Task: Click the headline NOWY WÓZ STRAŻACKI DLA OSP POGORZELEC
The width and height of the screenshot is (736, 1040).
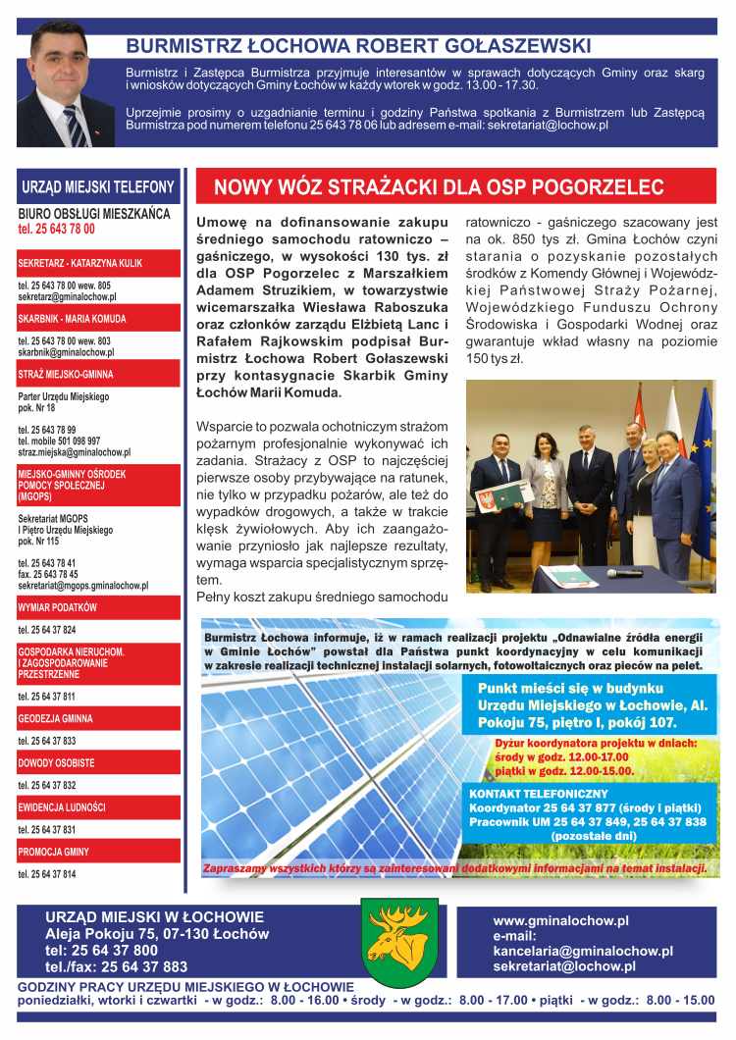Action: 439,187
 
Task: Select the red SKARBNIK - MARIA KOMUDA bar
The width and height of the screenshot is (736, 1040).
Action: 99,319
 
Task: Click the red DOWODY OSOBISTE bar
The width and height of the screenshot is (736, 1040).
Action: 99,762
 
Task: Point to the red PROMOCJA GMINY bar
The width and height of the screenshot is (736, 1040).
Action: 99,851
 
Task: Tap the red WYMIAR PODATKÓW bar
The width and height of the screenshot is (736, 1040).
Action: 99,607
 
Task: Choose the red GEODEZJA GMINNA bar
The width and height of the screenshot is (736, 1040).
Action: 99,718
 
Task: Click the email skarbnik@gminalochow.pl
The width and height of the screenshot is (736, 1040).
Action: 66,352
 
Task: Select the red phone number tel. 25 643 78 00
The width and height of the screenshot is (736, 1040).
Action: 57,229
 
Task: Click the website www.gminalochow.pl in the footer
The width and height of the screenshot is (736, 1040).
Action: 560,921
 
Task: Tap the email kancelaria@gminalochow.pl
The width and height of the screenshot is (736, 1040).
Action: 583,951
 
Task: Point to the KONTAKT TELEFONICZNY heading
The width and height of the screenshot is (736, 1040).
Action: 539,793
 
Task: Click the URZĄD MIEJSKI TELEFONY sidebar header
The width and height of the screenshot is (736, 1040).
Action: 98,186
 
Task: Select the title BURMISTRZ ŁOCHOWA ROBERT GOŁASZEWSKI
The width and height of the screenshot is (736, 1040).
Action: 358,45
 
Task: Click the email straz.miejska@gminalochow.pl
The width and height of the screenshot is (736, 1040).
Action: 74,453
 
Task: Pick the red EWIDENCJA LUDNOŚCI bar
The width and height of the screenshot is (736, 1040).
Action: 99,807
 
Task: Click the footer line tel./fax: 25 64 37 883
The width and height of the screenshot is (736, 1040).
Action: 116,966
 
